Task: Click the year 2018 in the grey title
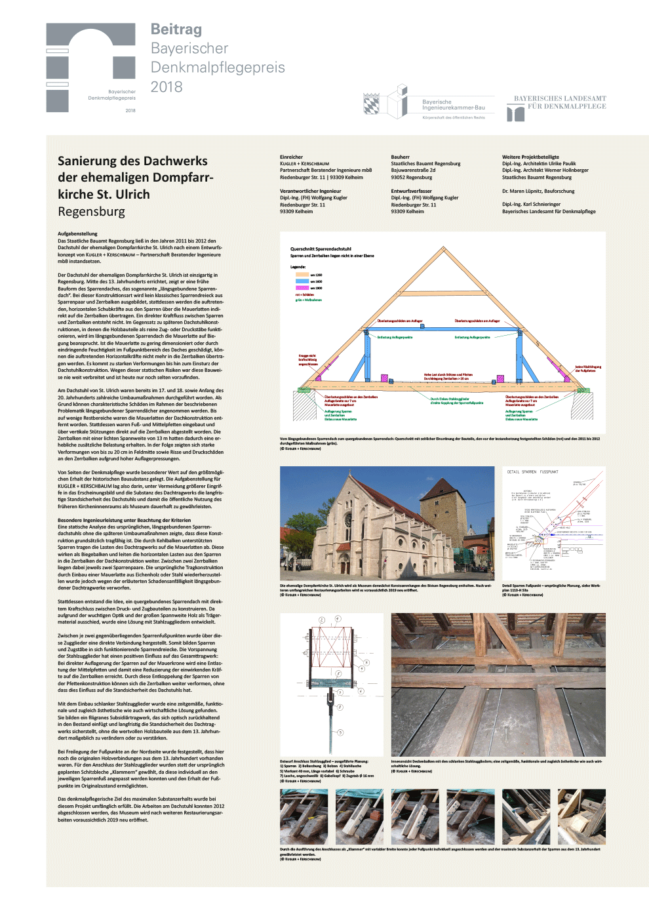167,87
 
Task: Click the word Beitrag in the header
176,30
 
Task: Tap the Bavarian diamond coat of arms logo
371,104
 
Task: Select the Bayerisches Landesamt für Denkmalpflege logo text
560,102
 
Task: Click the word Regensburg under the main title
91,212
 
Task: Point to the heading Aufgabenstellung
77,233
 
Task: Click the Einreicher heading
291,157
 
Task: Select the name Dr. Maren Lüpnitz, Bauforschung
538,191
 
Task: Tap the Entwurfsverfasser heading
411,191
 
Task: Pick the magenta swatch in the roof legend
302,288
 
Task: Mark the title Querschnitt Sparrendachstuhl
321,249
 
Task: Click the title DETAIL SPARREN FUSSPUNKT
532,471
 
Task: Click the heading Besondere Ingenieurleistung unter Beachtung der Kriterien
124,520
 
